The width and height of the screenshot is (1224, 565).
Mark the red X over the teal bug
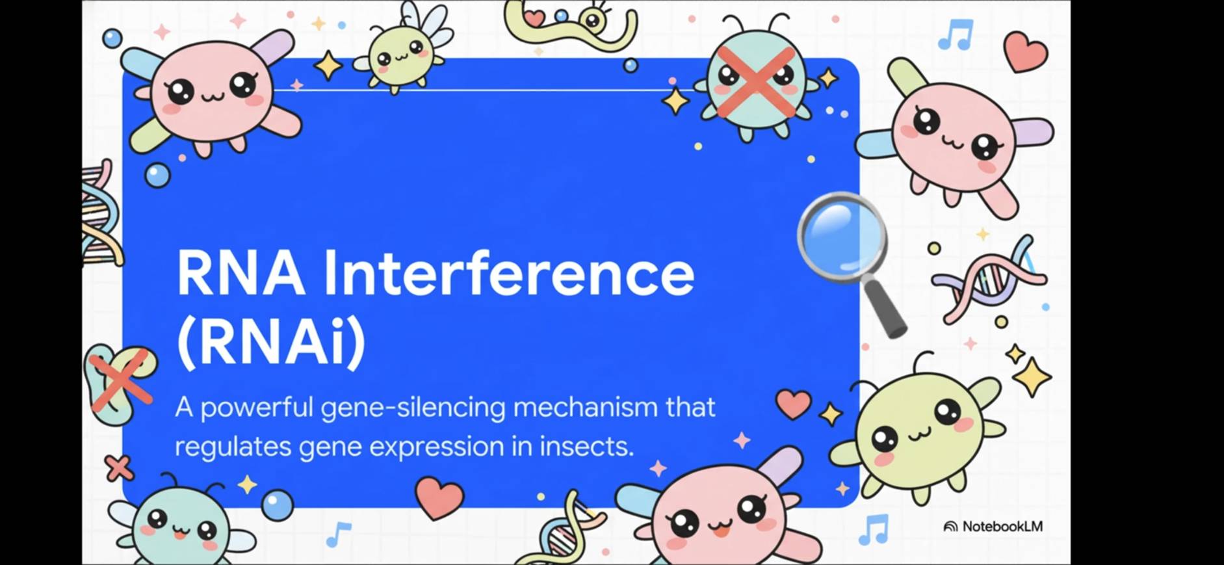click(x=756, y=82)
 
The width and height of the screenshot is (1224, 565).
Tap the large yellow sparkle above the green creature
click(x=1032, y=376)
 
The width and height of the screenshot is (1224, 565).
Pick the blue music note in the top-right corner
click(x=956, y=34)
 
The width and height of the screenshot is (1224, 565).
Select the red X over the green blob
click(x=121, y=380)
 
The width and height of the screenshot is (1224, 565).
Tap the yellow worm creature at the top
click(x=569, y=25)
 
